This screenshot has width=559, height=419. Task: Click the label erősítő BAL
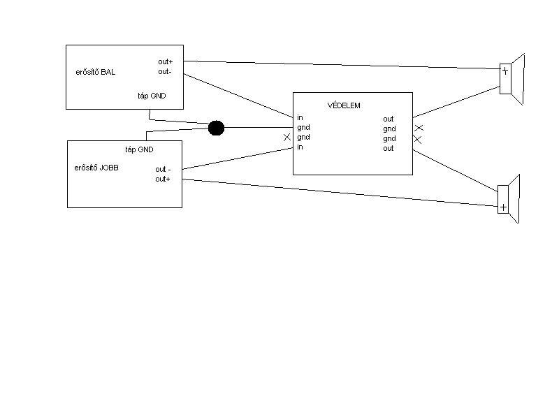(95, 73)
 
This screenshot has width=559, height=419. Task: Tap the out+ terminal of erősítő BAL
(165, 62)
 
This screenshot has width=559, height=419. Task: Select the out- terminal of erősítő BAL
(164, 71)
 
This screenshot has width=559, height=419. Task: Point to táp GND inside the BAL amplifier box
(152, 96)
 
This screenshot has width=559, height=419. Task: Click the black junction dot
(216, 128)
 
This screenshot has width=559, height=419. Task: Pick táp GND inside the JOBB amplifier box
(139, 149)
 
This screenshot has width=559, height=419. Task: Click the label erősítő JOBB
(96, 168)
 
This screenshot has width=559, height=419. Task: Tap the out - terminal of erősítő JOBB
(163, 169)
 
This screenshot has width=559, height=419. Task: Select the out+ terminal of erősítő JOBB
(163, 179)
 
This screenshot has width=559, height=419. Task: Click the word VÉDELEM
(344, 105)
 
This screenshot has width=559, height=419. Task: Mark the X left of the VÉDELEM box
(287, 138)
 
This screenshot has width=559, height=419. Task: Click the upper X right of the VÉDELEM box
(418, 128)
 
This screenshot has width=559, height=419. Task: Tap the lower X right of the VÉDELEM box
(418, 139)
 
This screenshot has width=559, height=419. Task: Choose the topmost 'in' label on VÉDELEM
(300, 118)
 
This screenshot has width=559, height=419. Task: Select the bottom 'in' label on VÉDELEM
(300, 147)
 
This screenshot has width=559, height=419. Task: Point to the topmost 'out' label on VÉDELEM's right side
(388, 119)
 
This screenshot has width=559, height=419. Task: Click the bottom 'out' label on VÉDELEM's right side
(388, 148)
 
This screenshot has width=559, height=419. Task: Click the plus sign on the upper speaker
(504, 71)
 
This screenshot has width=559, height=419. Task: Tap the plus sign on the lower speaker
(502, 207)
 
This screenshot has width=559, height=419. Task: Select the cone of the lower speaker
(514, 199)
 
